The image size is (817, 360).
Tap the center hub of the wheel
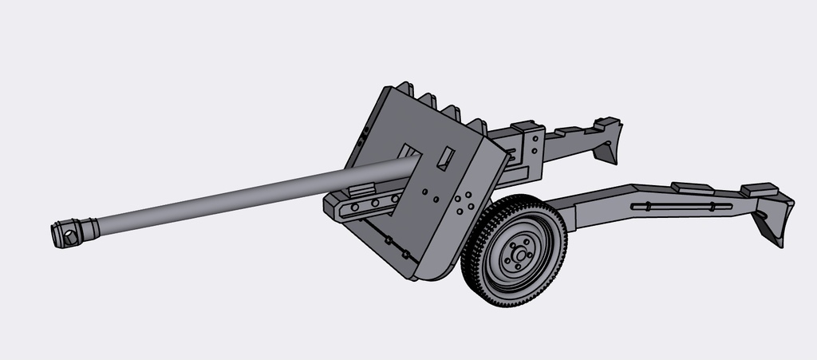(520, 255)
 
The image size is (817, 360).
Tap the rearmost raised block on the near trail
(759, 190)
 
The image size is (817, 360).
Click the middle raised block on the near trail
(691, 188)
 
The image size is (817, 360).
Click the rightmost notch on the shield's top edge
(477, 125)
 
